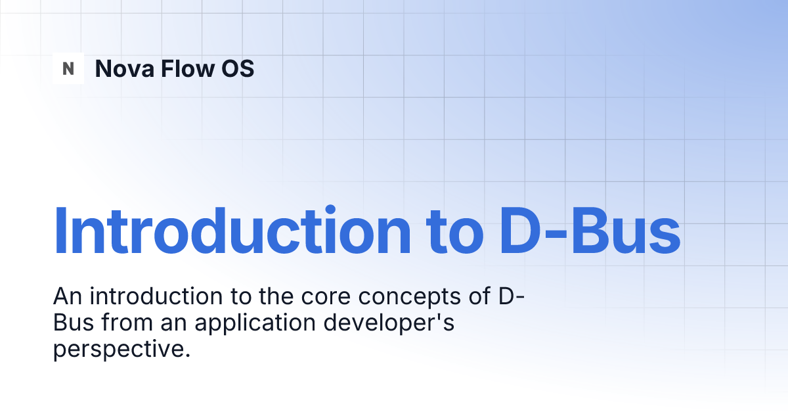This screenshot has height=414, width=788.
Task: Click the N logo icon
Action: coord(68,68)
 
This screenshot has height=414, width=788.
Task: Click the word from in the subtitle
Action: coord(127,323)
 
